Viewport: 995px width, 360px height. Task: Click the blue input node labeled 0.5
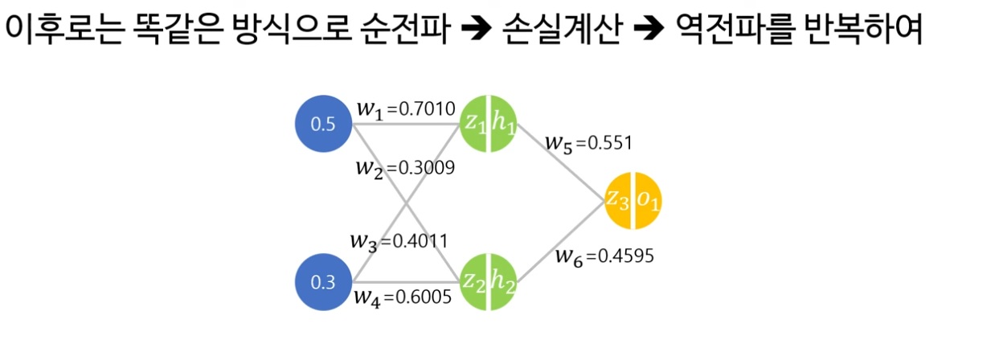325,125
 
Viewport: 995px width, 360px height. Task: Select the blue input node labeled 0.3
325,282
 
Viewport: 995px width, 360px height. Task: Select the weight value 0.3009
428,168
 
